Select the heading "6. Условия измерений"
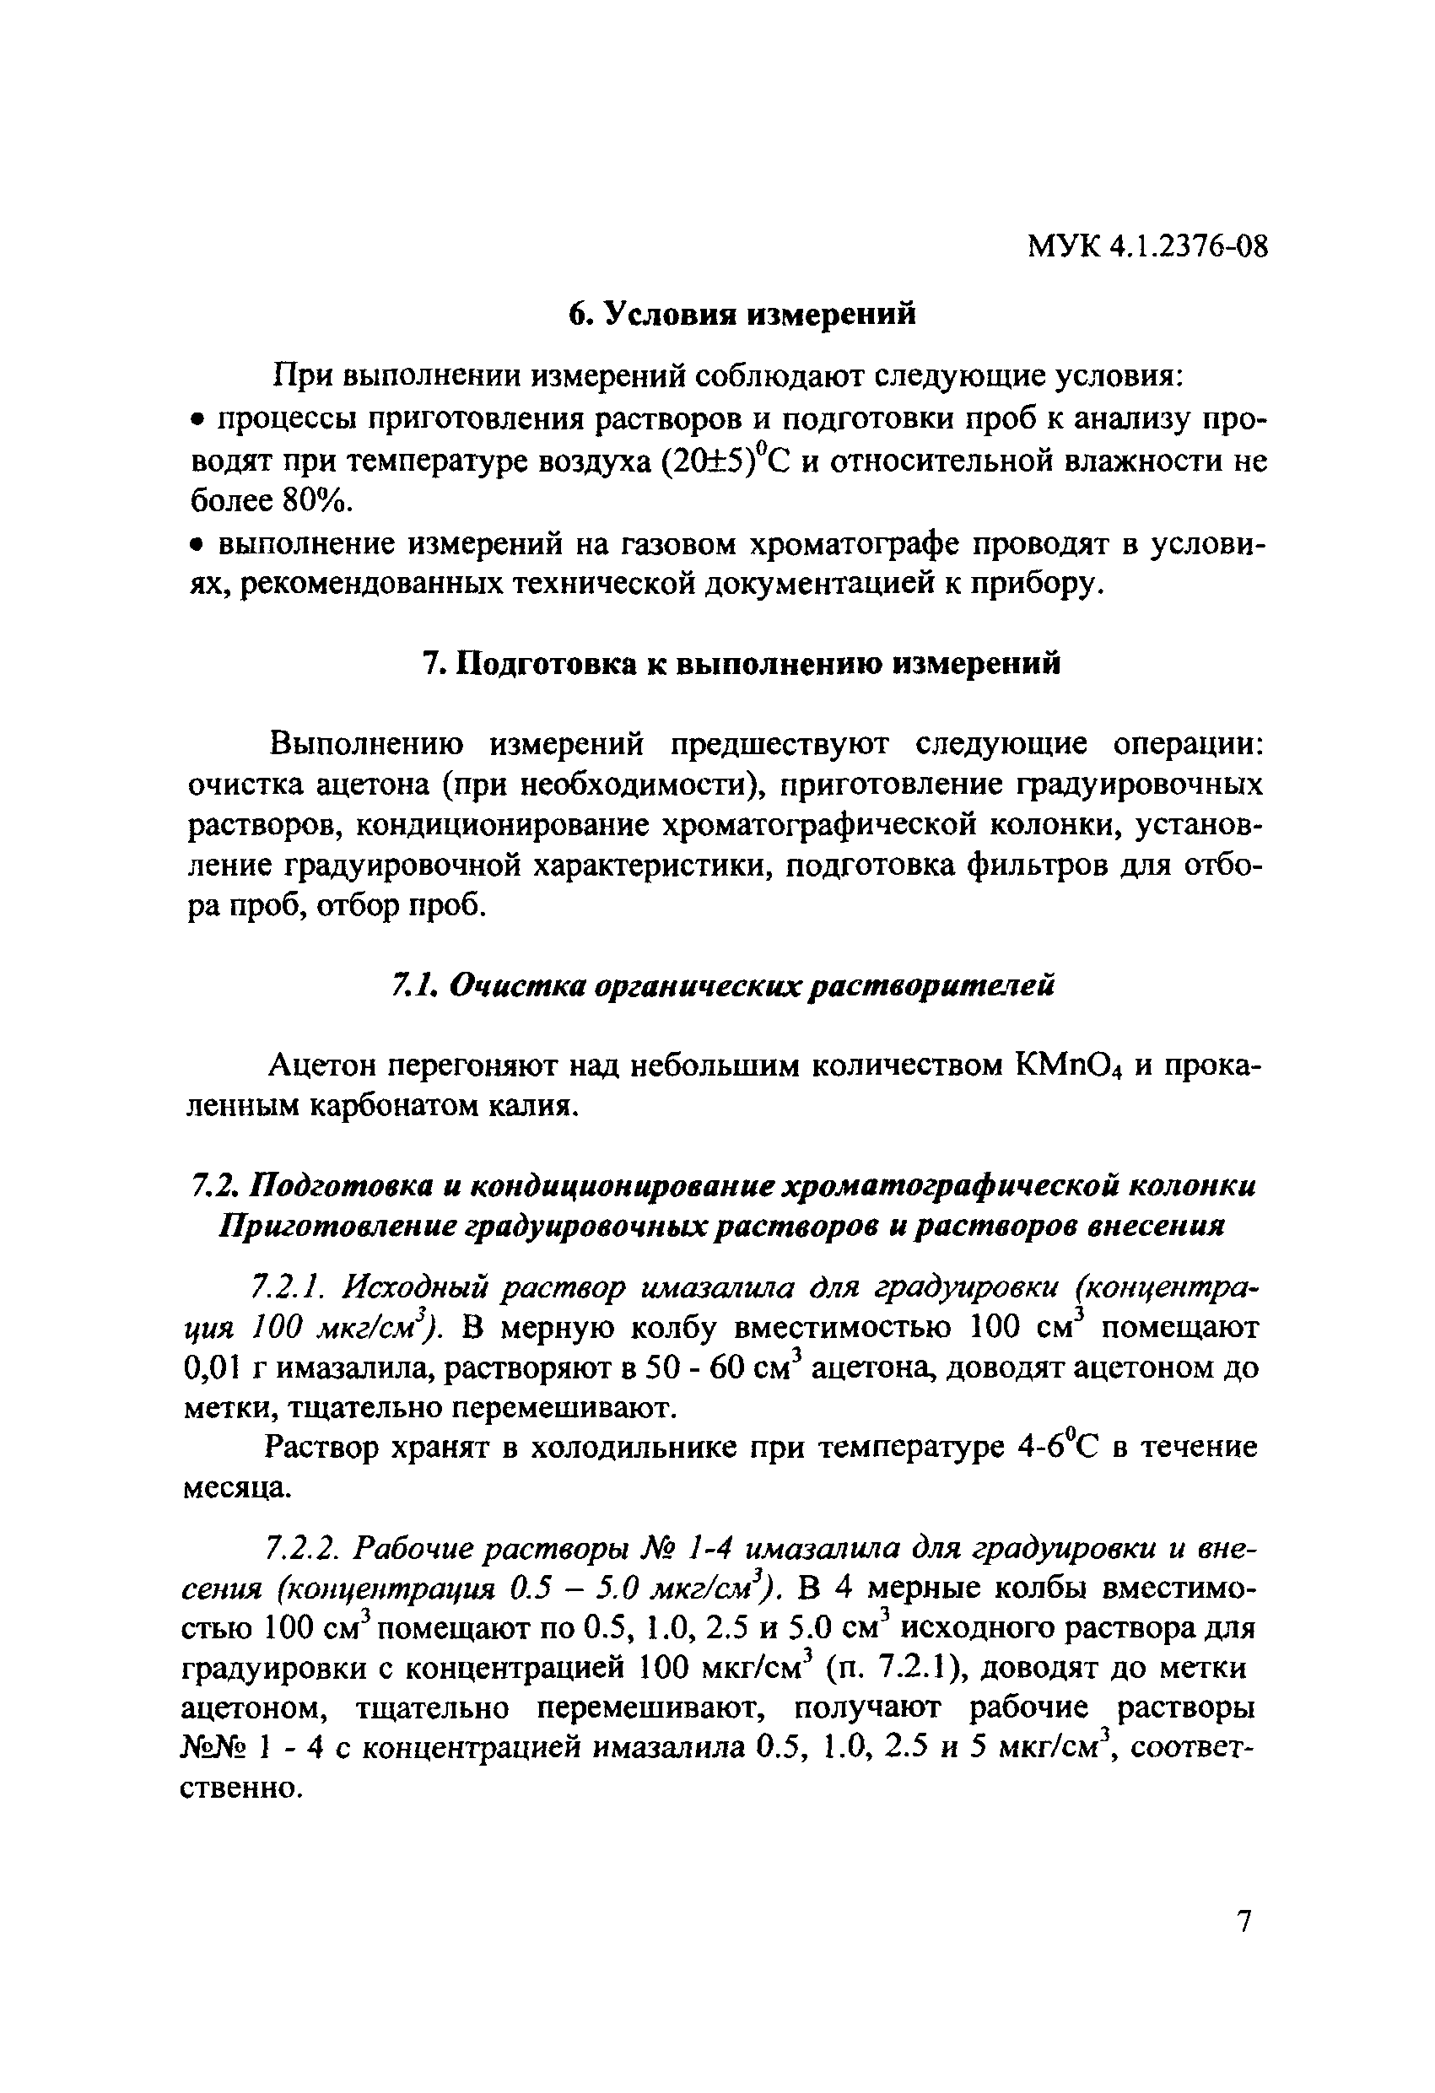pos(742,314)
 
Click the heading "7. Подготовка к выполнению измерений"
pos(742,664)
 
